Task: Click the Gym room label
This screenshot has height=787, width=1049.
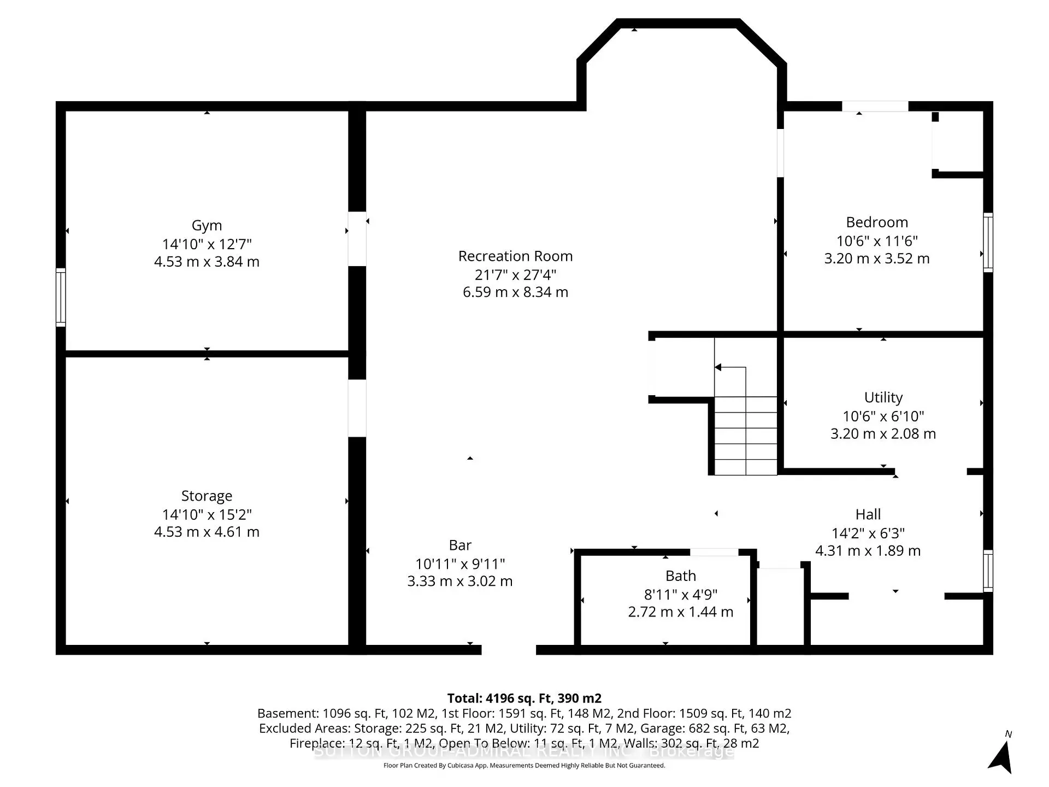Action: coord(207,225)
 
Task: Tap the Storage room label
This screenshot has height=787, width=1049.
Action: coord(207,496)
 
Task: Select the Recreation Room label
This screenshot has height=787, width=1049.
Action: coord(515,256)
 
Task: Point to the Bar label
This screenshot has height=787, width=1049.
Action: coord(460,545)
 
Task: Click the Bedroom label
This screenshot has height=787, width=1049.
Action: coord(877,222)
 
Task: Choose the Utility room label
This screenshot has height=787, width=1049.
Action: coord(883,397)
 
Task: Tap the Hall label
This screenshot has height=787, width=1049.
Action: coord(868,514)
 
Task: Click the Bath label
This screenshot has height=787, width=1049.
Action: coord(680,575)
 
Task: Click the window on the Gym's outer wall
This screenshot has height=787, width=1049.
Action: coord(61,298)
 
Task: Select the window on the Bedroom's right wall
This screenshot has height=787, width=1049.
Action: coord(988,242)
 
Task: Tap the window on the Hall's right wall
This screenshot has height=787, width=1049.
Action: coord(988,571)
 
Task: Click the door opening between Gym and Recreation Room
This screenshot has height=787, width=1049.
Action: coord(357,239)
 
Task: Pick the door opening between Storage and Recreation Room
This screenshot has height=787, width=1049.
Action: coord(357,408)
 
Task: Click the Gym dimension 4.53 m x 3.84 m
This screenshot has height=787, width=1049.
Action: coord(207,262)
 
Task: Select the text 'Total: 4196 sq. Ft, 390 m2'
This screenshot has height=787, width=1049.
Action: coord(524,698)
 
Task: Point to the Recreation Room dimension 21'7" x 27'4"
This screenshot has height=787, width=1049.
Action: coord(515,274)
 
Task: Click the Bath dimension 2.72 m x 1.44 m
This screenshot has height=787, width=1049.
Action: coord(680,612)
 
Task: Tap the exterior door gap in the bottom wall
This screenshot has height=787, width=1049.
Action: coord(509,650)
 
